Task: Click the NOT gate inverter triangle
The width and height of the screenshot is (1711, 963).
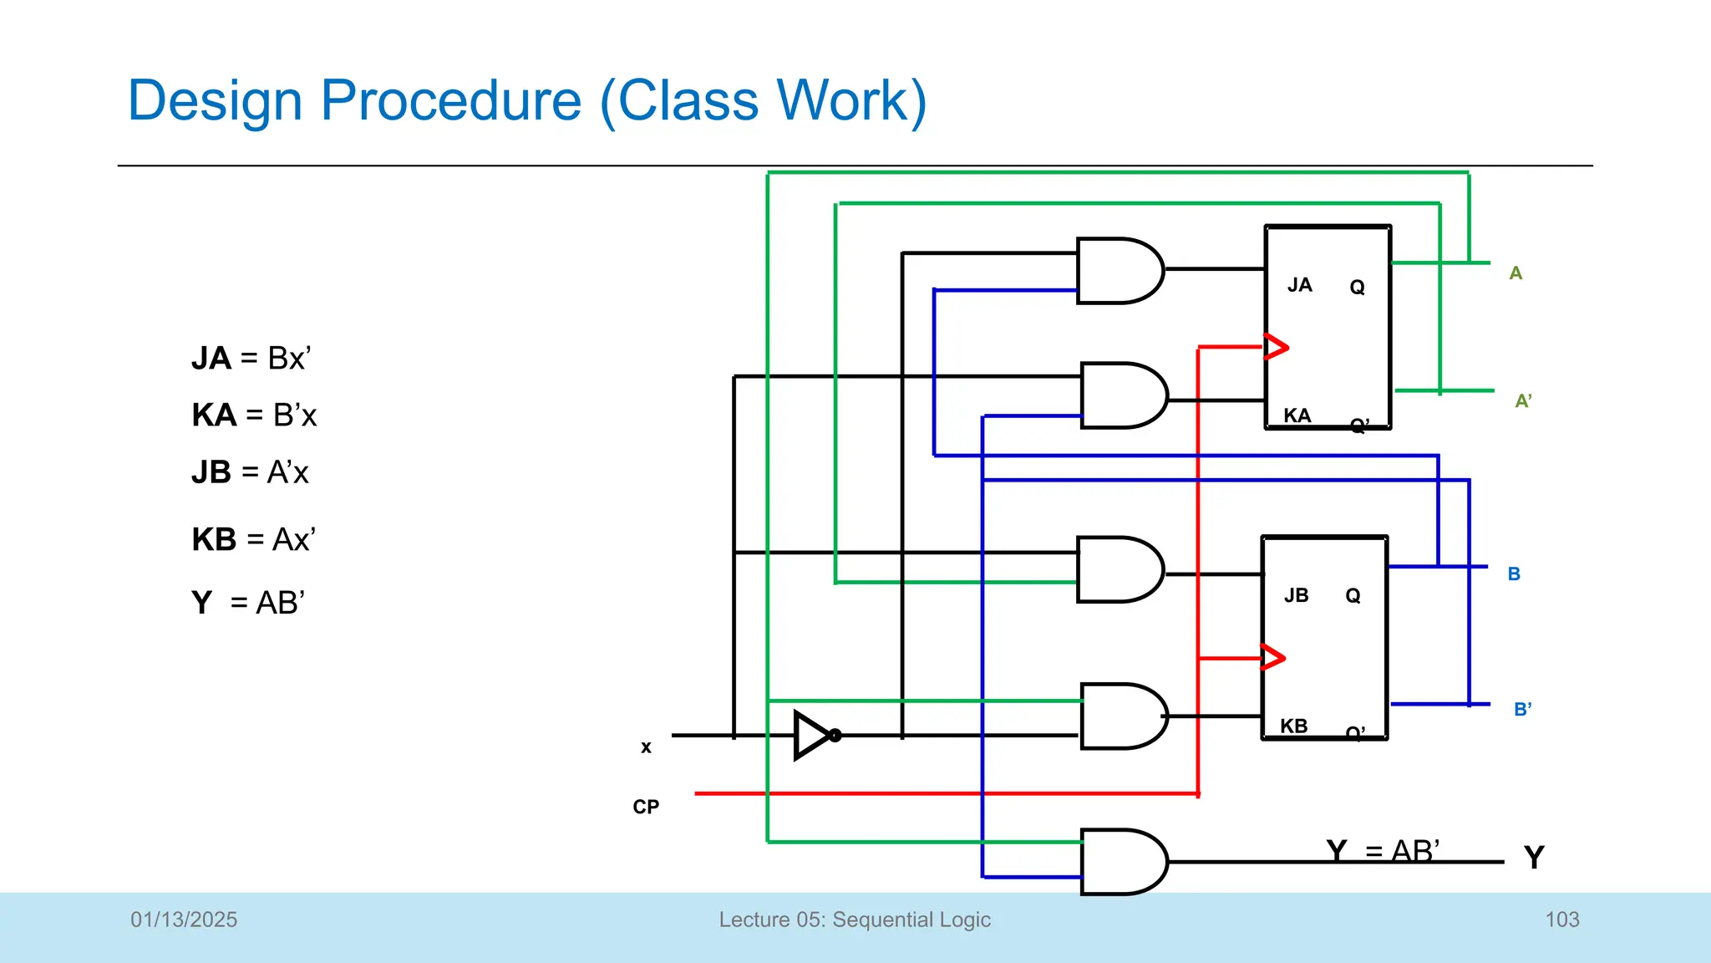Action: tap(813, 736)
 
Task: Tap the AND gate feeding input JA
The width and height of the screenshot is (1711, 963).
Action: tap(1118, 271)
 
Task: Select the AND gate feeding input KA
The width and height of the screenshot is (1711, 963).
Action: tap(1122, 395)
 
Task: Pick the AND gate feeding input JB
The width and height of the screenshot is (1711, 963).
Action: tap(1118, 569)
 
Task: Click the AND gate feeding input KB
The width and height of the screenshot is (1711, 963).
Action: tap(1122, 716)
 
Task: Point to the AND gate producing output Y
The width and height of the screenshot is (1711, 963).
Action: tap(1122, 862)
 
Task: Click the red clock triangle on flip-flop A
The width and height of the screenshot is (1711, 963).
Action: tap(1276, 346)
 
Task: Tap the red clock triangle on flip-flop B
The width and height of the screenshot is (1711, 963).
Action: tap(1272, 658)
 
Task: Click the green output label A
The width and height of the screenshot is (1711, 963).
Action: tap(1516, 273)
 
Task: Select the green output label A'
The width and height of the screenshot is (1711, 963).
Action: tap(1523, 401)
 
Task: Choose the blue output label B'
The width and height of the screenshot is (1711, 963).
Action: tap(1522, 710)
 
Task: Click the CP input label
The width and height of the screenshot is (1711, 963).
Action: tap(646, 807)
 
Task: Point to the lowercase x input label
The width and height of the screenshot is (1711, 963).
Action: tap(646, 747)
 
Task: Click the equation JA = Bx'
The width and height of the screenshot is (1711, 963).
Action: tap(251, 358)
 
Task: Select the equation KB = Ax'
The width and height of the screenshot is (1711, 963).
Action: tap(253, 539)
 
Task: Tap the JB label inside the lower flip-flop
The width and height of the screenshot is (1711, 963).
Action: tap(1296, 595)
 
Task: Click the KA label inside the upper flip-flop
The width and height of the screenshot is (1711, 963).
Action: tap(1297, 415)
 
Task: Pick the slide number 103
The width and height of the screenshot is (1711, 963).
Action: tap(1561, 920)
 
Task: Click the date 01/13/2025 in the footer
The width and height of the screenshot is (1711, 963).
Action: tap(184, 920)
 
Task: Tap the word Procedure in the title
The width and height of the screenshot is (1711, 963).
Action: tap(451, 100)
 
